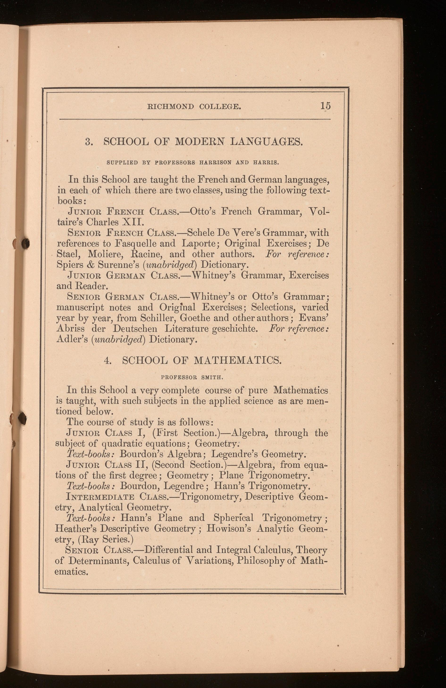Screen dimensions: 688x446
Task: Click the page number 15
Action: (x=325, y=106)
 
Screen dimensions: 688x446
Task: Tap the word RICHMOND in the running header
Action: (x=171, y=107)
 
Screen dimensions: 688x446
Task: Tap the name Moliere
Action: (x=107, y=254)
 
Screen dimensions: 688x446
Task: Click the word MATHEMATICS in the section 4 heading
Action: (x=238, y=361)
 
